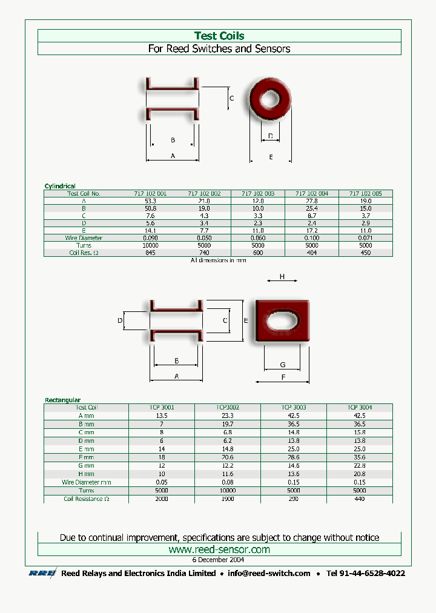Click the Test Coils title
point(219,36)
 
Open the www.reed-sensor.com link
point(219,549)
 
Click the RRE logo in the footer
point(42,573)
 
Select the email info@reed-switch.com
point(269,573)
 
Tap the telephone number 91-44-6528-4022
point(365,573)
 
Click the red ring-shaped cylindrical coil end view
point(270,100)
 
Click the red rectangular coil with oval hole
point(283,320)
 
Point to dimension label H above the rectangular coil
point(282,277)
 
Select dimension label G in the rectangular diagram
point(283,365)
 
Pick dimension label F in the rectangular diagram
point(283,377)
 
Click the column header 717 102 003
point(258,194)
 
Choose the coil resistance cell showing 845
point(150,253)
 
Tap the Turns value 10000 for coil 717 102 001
point(150,245)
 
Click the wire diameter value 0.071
point(366,238)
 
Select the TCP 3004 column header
point(360,408)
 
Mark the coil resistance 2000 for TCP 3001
point(162,499)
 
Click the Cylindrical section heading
point(60,186)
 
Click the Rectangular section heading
point(62,400)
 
